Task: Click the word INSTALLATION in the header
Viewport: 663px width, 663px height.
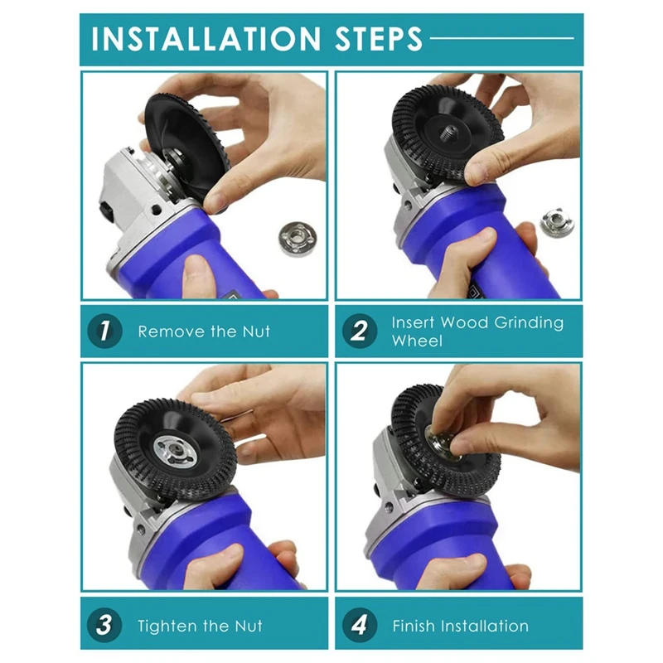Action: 206,39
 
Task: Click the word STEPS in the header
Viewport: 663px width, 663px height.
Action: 379,39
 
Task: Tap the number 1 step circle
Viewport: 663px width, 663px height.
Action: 104,331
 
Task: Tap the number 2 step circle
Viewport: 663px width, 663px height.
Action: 360,331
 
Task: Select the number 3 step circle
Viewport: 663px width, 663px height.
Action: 104,625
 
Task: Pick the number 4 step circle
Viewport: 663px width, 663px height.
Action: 360,625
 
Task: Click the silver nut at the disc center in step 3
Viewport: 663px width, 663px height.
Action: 175,452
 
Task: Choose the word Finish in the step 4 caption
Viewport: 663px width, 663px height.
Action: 414,626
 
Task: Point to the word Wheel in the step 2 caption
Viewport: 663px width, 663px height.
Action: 417,341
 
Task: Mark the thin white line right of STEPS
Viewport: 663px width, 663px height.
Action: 502,38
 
